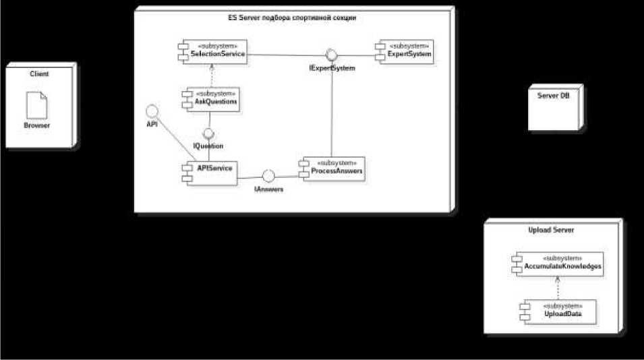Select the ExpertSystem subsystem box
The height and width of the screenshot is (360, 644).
402,51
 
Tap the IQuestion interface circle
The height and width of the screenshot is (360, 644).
208,133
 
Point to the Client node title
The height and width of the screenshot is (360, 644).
39,73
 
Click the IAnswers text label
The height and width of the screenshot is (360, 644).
268,190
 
